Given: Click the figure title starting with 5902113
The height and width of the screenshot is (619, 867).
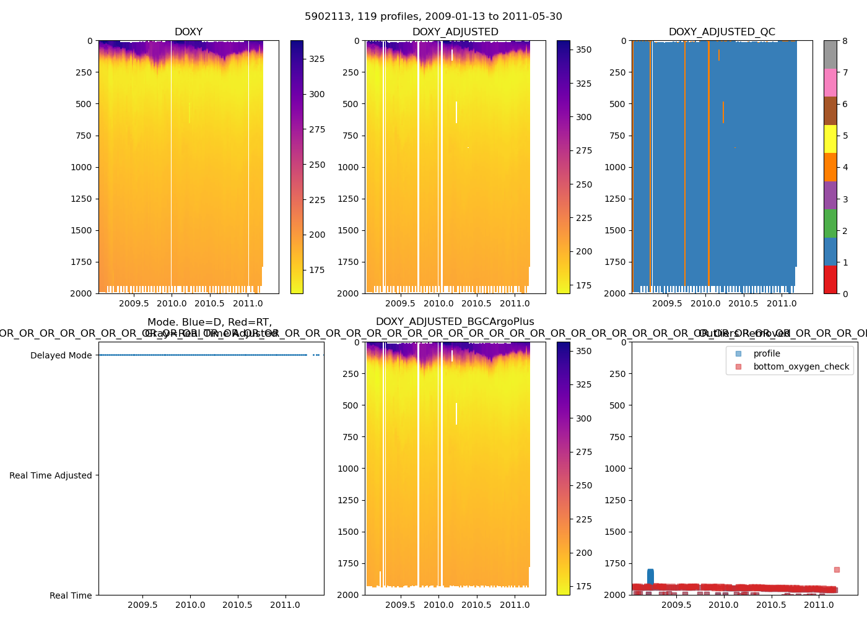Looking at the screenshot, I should pyautogui.click(x=434, y=17).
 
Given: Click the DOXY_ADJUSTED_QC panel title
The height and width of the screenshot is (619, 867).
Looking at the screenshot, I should pyautogui.click(x=721, y=32).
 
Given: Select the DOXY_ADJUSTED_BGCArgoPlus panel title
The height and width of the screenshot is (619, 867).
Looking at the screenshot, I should pyautogui.click(x=455, y=322).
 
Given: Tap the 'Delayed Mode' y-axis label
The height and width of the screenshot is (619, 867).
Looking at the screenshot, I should pyautogui.click(x=61, y=355).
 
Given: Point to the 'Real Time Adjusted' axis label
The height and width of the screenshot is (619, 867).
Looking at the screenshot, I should pyautogui.click(x=50, y=475).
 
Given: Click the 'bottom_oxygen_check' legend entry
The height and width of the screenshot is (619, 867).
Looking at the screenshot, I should pyautogui.click(x=801, y=366).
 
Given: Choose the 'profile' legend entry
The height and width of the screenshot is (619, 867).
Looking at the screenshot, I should pyautogui.click(x=767, y=353).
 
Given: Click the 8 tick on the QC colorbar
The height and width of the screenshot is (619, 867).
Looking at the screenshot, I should pyautogui.click(x=845, y=41).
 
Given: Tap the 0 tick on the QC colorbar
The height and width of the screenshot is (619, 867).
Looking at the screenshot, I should pyautogui.click(x=845, y=293).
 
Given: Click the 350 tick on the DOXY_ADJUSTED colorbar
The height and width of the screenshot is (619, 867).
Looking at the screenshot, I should pyautogui.click(x=583, y=50).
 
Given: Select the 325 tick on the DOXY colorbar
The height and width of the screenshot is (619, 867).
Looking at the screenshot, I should pyautogui.click(x=317, y=59).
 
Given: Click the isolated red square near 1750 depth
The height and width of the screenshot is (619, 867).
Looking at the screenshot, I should pyautogui.click(x=837, y=569).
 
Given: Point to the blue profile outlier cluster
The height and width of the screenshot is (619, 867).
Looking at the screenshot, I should pyautogui.click(x=650, y=577).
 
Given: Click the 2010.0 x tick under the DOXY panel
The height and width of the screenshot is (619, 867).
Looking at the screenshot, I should pyautogui.click(x=172, y=303).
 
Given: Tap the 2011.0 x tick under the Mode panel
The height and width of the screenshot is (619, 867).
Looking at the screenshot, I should pyautogui.click(x=285, y=605).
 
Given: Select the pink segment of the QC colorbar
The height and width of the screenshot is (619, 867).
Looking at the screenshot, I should pyautogui.click(x=830, y=82).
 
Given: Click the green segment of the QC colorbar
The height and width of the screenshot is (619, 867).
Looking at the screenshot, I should pyautogui.click(x=830, y=223).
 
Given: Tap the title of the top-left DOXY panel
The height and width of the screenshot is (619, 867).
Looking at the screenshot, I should pyautogui.click(x=188, y=32).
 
